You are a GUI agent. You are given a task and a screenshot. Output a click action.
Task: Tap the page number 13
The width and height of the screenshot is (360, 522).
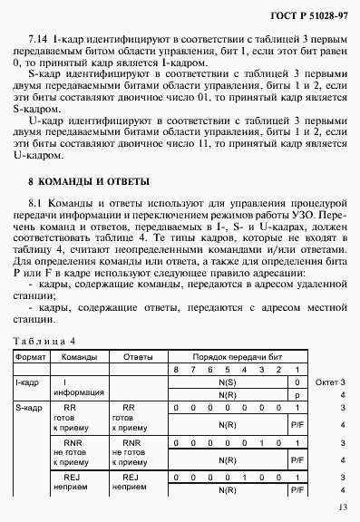click(341, 508)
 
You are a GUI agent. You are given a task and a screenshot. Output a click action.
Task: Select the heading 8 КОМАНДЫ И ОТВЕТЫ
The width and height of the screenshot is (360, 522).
click(83, 181)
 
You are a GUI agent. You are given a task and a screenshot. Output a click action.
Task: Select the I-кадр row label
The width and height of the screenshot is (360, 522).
click(25, 383)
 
